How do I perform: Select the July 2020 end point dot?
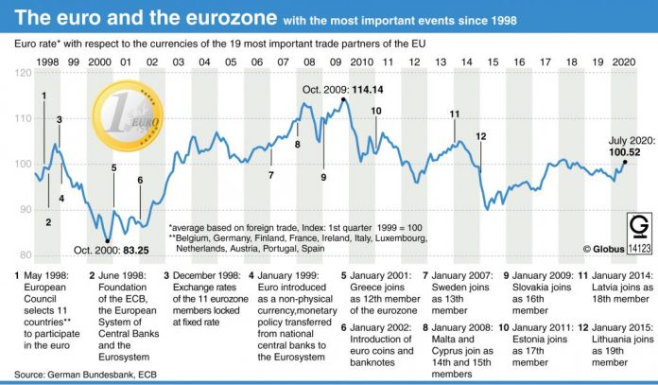[x=625, y=162]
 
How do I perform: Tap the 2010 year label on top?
[x=361, y=61]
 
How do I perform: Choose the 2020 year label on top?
[x=621, y=61]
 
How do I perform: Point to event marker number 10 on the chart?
[x=375, y=111]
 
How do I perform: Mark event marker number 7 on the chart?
[x=270, y=175]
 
